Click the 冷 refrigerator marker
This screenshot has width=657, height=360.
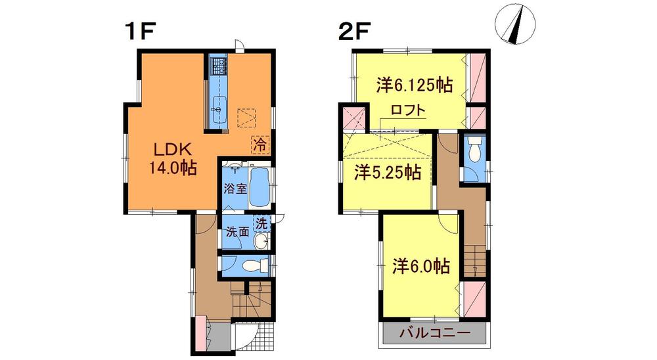click(260, 142)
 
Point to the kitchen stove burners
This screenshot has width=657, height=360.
click(218, 65)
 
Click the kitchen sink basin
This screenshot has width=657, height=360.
click(219, 105)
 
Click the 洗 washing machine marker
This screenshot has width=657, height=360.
click(261, 224)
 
